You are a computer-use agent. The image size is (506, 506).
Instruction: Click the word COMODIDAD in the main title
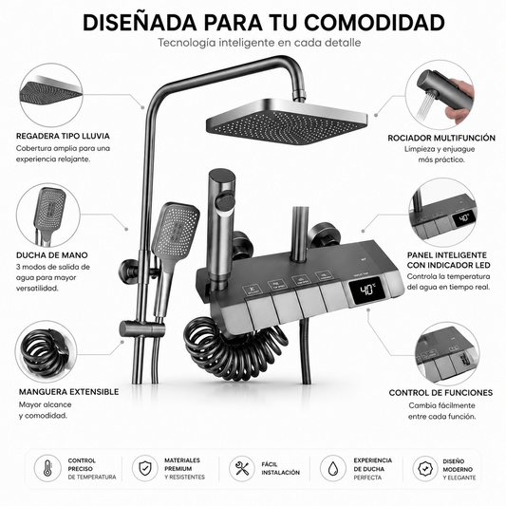374,23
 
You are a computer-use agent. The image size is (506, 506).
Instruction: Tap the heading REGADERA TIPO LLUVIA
63,136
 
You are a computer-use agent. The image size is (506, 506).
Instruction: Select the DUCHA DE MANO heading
52,255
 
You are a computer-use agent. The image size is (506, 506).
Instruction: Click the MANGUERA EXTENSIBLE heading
68,392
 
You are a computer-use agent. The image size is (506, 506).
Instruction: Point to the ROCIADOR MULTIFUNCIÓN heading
441,138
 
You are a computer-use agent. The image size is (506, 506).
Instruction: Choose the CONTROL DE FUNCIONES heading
440,393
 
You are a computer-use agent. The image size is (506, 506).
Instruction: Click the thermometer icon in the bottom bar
47,468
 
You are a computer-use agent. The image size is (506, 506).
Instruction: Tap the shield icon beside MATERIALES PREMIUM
145,468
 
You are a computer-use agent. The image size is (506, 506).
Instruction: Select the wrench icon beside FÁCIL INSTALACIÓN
242,469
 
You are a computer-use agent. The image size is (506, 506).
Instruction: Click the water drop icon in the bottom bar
333,469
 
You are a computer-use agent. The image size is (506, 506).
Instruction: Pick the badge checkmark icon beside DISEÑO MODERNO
425,469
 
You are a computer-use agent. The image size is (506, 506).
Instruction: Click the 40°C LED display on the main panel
367,290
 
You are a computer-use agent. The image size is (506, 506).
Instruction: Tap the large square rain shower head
287,122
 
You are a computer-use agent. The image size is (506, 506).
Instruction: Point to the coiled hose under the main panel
234,347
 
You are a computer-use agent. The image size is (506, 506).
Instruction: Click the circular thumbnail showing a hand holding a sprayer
440,96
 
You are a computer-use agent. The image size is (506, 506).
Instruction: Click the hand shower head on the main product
176,230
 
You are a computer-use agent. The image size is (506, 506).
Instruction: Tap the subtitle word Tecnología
186,43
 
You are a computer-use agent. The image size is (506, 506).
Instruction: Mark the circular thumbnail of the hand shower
48,215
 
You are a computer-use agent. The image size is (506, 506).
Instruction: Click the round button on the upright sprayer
226,201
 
